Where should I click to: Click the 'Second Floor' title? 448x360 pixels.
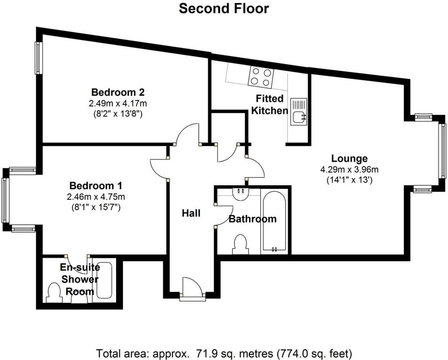click(224, 8)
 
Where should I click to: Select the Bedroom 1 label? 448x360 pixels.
click(96, 186)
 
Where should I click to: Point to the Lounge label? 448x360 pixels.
click(349, 159)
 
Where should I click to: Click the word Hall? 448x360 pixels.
click(191, 213)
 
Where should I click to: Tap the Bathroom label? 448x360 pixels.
click(252, 219)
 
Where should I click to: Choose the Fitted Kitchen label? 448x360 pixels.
click(269, 105)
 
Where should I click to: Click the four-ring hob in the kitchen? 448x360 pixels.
click(261, 77)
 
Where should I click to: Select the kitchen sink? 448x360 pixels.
click(298, 112)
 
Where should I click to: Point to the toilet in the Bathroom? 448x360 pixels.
click(240, 245)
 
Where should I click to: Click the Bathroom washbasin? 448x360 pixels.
click(240, 194)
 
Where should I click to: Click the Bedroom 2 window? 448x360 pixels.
click(38, 58)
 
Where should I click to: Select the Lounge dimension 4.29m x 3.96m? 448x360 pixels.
click(349, 169)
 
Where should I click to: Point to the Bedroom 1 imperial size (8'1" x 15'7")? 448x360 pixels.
click(96, 208)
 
